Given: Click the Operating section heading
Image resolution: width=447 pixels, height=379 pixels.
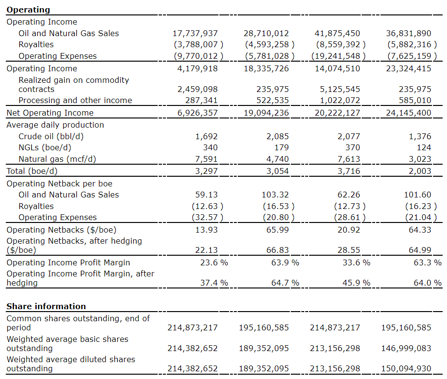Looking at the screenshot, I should point(28,10).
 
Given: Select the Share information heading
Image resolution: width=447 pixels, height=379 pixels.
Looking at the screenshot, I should point(46,306).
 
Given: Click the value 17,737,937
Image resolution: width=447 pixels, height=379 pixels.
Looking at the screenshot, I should point(195,33).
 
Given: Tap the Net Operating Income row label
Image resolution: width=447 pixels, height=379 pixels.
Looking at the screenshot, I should point(50,113).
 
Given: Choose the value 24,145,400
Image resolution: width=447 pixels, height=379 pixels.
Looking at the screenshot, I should point(408,113).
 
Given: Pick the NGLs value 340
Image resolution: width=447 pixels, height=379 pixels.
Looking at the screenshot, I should point(210,147).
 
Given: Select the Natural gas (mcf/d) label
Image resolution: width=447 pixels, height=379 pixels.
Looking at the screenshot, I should point(57,159).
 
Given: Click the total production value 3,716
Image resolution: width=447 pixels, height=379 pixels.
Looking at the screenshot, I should point(349,171).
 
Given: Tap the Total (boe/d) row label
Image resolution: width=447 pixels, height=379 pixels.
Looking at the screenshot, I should point(32,171).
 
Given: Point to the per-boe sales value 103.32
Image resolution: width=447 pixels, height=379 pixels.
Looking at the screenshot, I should point(276,195).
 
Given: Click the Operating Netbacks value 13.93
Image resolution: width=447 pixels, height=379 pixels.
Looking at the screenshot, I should point(206,230).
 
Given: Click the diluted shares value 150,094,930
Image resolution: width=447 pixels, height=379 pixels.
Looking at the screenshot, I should point(406,368).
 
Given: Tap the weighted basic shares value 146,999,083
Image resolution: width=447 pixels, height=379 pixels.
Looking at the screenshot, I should point(406,348).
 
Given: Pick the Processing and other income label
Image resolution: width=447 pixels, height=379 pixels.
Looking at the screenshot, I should point(75,100).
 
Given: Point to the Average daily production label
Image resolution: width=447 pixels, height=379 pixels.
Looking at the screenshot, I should point(55,125).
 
